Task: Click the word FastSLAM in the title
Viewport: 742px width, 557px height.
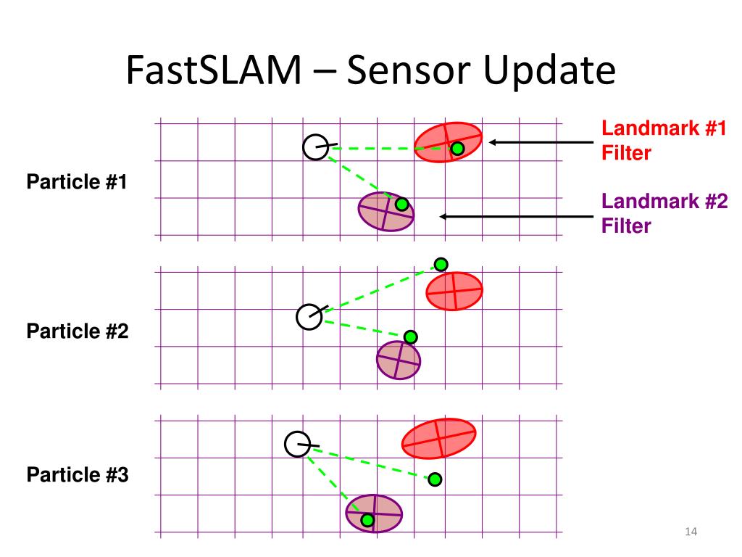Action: (212, 72)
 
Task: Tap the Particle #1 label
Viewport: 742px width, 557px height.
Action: (77, 182)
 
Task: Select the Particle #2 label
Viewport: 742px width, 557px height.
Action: (77, 331)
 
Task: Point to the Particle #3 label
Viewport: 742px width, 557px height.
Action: (77, 475)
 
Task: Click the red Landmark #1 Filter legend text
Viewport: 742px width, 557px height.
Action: (664, 141)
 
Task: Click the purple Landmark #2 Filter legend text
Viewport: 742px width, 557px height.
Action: (664, 214)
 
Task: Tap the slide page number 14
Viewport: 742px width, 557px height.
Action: (690, 533)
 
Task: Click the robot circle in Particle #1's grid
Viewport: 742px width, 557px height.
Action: (316, 147)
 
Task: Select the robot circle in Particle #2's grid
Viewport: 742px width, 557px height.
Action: (309, 317)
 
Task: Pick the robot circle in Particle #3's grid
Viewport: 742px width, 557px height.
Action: (297, 444)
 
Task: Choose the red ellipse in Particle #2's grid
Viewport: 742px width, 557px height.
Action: (454, 291)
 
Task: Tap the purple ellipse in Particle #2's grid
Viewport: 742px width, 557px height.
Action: (399, 359)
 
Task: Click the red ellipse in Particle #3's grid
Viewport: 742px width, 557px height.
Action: (438, 438)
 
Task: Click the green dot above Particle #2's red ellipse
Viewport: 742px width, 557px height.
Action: (441, 264)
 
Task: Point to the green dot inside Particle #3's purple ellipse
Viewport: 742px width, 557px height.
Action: (367, 520)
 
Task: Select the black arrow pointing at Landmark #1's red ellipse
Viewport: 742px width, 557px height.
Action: (540, 142)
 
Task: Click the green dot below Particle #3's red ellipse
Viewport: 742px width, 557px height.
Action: (434, 479)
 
